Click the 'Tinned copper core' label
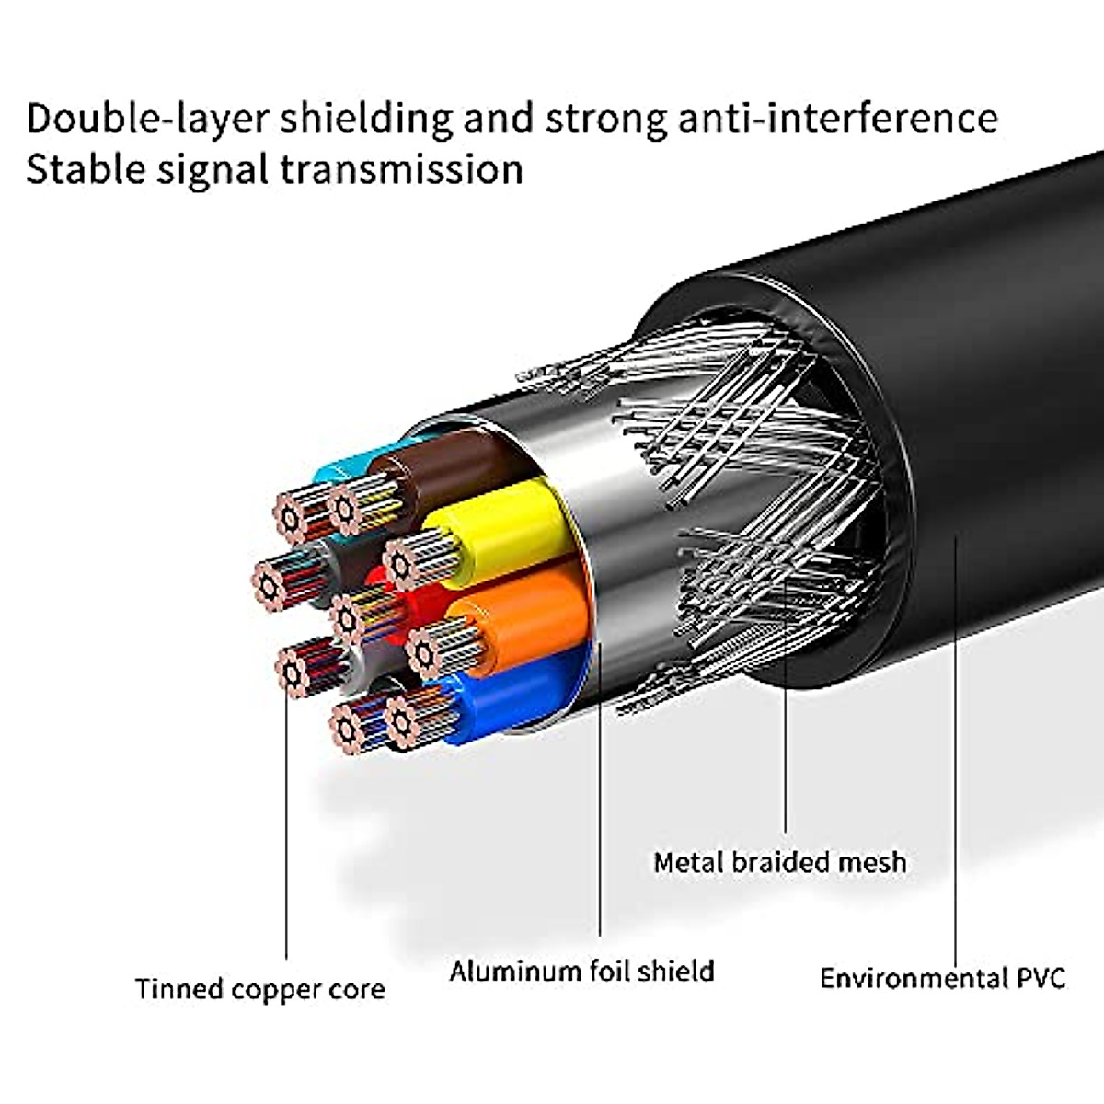[x=259, y=990]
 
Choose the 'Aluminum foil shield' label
[x=581, y=972]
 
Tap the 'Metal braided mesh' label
[x=779, y=863]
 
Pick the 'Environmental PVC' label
[x=942, y=977]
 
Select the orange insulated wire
[x=534, y=612]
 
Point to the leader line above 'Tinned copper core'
[x=286, y=828]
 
